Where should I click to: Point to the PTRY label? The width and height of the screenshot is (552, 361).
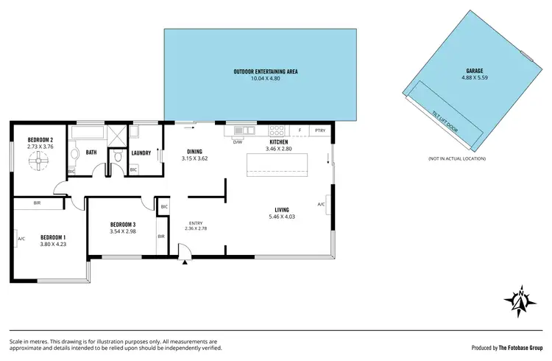click(x=320, y=131)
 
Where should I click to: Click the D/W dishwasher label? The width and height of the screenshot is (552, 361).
click(x=238, y=141)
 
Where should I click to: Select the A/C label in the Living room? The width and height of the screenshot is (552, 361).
click(x=321, y=204)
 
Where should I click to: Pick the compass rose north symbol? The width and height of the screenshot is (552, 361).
click(x=520, y=299)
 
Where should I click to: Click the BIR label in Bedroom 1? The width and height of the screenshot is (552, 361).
click(x=36, y=203)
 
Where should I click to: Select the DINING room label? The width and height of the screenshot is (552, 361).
click(x=194, y=152)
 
